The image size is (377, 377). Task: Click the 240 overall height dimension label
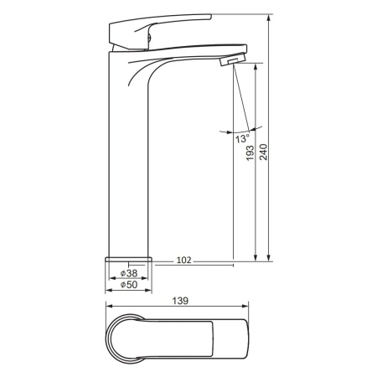coord(264,152)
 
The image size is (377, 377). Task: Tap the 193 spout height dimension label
coord(250,153)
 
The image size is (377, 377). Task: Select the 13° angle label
coord(242,138)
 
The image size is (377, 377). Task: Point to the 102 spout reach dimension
coord(183,261)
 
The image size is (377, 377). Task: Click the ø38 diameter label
coord(129,273)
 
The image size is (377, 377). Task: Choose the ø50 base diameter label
coord(129,285)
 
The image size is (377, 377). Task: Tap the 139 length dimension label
coord(180,301)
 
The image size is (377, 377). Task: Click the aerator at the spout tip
coord(233,59)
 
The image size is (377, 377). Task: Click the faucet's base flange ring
coord(128,260)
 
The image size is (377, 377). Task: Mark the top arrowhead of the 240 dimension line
coord(269,18)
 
